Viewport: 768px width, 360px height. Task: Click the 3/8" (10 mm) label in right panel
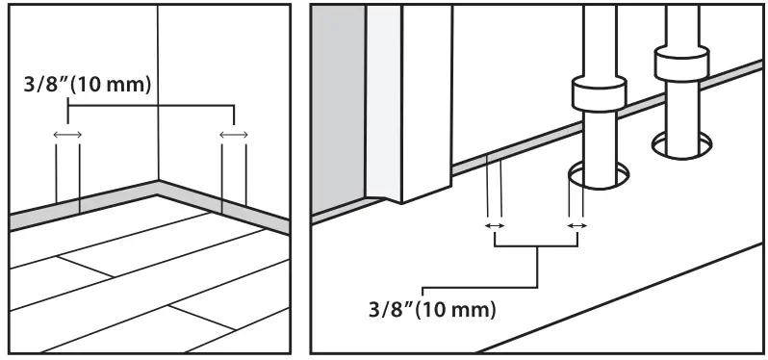(x=432, y=310)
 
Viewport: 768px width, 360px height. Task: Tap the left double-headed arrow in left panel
(x=67, y=136)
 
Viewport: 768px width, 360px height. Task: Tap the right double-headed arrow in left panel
(x=234, y=136)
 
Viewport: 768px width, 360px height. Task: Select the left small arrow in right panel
(x=495, y=225)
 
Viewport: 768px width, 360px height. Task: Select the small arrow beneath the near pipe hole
(x=577, y=225)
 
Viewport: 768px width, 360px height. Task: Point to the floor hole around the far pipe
(x=683, y=145)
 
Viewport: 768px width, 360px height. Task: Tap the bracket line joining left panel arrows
(x=154, y=110)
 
